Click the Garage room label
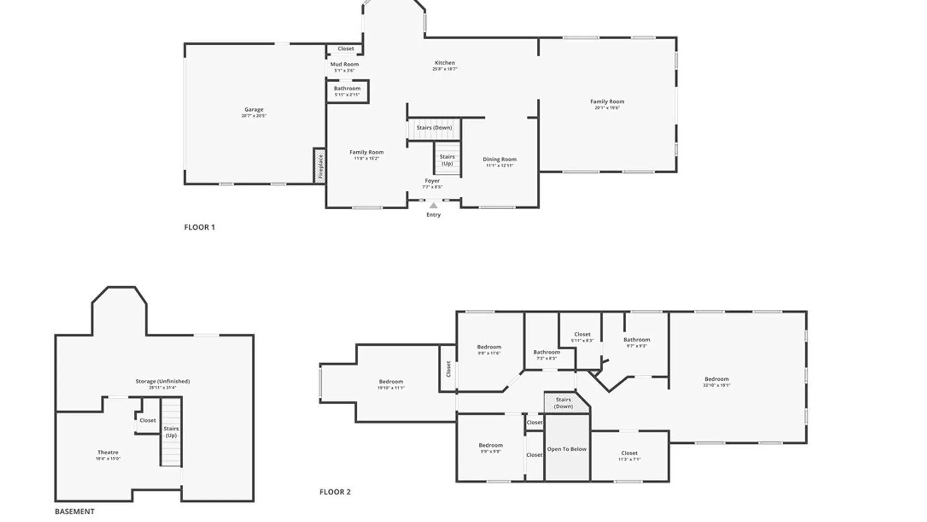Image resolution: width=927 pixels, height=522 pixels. (253, 110)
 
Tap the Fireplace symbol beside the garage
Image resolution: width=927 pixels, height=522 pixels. (320, 166)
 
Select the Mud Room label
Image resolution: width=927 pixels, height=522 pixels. (344, 64)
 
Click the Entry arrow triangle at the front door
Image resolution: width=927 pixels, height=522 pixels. (434, 205)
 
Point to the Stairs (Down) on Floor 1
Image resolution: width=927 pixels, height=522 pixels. (434, 128)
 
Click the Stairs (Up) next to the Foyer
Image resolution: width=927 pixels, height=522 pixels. (447, 160)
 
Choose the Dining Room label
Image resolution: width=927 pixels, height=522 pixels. (499, 159)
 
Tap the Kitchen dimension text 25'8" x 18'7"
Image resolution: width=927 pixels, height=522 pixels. (445, 69)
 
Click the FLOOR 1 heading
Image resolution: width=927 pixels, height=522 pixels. (199, 227)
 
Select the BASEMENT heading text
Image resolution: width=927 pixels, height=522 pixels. (74, 511)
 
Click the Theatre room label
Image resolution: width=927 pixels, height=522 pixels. (108, 452)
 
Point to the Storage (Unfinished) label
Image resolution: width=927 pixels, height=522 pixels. (162, 381)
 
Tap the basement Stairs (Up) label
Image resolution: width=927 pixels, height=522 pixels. (171, 432)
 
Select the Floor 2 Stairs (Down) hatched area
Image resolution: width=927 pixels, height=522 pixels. (563, 403)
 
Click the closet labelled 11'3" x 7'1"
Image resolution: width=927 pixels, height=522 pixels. (629, 456)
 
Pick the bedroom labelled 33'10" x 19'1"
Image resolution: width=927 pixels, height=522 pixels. (716, 382)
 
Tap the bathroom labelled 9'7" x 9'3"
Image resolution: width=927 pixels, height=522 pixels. (636, 342)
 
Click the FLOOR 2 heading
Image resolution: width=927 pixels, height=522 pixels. (335, 492)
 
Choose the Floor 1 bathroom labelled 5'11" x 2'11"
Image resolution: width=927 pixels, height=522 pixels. (347, 91)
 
